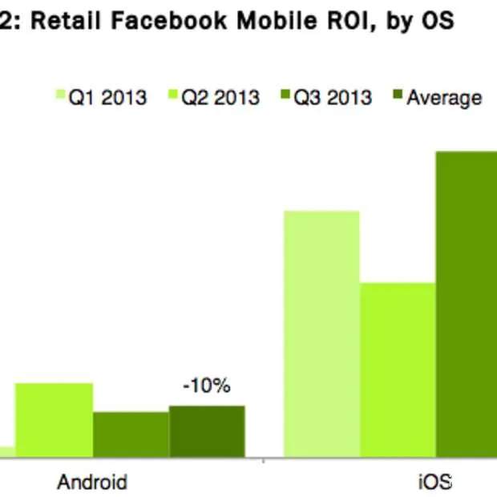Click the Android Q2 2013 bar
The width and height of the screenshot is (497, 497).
pyautogui.click(x=54, y=420)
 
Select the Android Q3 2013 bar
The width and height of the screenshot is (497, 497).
pyautogui.click(x=131, y=434)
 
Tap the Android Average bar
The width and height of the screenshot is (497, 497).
pyautogui.click(x=207, y=431)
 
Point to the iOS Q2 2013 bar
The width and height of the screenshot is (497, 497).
pyautogui.click(x=398, y=370)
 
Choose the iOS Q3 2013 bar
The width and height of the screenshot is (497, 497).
pyautogui.click(x=467, y=305)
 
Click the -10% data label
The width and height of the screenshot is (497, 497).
pyautogui.click(x=207, y=386)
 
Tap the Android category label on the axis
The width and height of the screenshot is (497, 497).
pyautogui.click(x=92, y=482)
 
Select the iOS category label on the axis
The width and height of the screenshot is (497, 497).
pyautogui.click(x=434, y=482)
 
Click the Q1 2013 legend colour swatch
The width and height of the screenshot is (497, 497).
pyautogui.click(x=59, y=98)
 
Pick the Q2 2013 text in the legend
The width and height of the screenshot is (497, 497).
pyautogui.click(x=220, y=98)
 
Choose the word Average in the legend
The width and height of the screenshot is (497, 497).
pyautogui.click(x=443, y=98)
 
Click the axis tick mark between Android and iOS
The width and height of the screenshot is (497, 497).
pyautogui.click(x=264, y=461)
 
